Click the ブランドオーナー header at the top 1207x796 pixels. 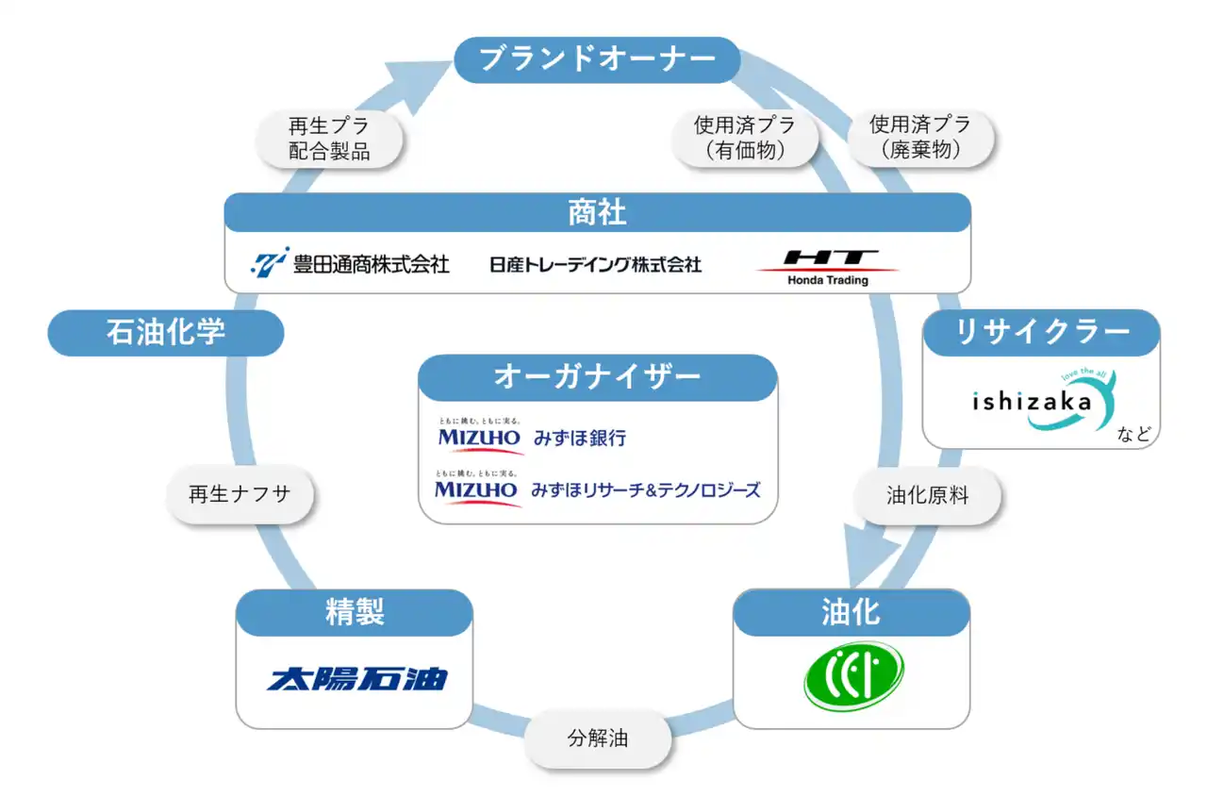pos(597,59)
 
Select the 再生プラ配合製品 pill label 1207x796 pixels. pos(329,139)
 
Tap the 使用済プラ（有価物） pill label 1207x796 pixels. pos(744,139)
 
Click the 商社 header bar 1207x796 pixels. pos(597,212)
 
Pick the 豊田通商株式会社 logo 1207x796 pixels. pos(351,263)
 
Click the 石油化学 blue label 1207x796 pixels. pos(165,333)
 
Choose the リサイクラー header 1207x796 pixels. pos(1041,333)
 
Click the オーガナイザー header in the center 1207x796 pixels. pos(597,377)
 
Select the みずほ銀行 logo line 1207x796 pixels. pos(532,437)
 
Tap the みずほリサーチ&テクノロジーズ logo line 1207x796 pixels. pos(597,489)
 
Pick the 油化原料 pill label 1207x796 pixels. pos(927,496)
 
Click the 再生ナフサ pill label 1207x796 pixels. pos(240,496)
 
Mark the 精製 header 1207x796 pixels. pos(354,612)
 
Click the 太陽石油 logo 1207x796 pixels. pos(357,678)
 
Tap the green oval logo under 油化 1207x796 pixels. pos(852,676)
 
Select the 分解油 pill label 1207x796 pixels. pos(598,738)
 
